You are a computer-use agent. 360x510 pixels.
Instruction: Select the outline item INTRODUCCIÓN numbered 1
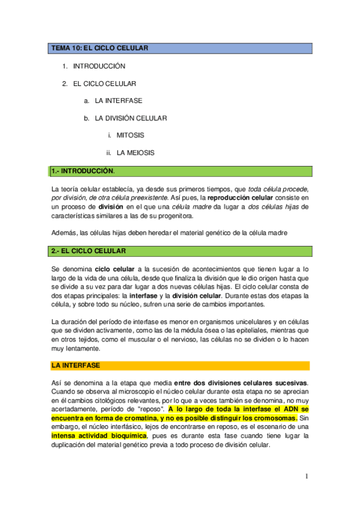[99, 66]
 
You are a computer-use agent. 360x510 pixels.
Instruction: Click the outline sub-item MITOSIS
[130, 135]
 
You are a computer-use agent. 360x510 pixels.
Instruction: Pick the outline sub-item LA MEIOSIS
[135, 153]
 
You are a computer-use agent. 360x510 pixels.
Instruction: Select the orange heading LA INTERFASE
[76, 365]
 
